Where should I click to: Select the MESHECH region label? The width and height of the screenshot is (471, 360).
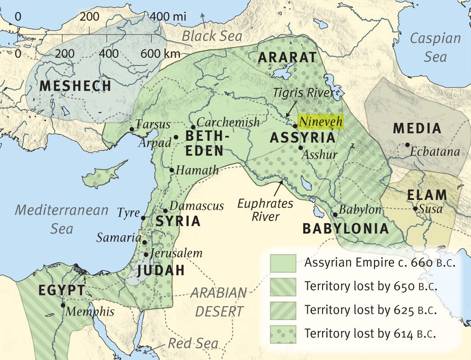point(75,86)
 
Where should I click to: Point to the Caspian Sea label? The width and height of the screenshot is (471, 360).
point(435,47)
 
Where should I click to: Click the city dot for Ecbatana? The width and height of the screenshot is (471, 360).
point(407,145)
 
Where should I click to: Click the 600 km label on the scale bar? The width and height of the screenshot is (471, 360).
point(160,54)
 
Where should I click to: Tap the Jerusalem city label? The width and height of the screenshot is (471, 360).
point(177,253)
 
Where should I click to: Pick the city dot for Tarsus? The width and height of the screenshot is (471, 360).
point(131,129)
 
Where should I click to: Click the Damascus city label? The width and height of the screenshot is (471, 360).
point(197,206)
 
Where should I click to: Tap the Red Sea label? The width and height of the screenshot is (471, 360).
point(193,344)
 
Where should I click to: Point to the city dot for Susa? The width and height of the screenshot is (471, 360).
point(415,209)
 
